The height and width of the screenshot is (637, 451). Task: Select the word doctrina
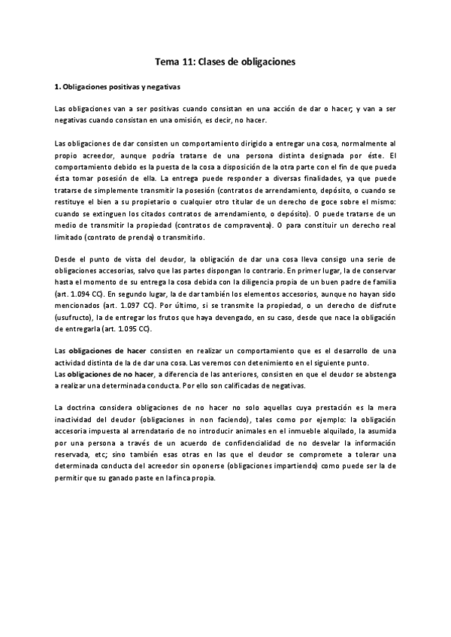(86, 407)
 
